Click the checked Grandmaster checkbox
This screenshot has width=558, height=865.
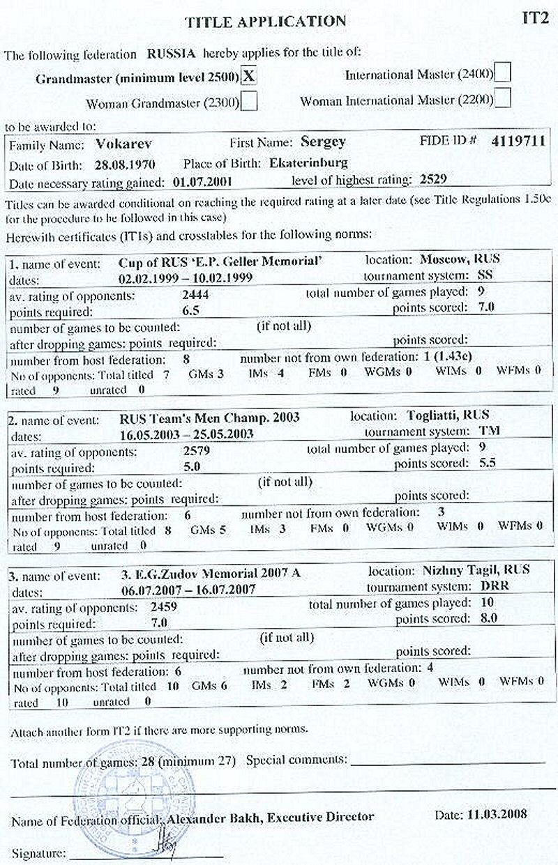pos(249,76)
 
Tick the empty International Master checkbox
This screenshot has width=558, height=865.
pos(502,72)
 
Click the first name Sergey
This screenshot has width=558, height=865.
pos(323,142)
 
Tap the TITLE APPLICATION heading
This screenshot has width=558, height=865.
pos(266,22)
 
